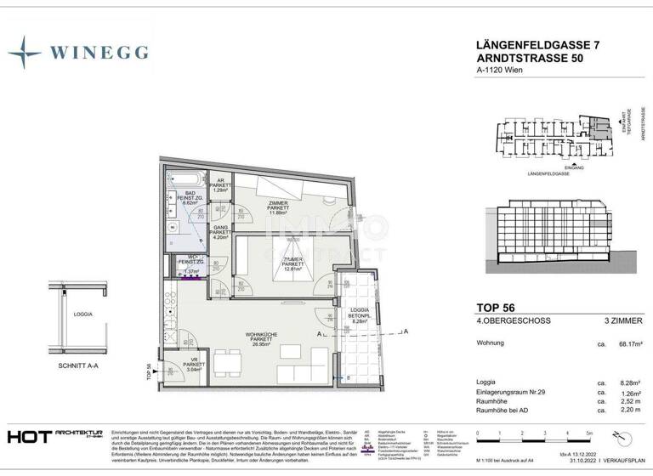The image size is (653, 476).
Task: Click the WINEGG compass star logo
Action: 25,53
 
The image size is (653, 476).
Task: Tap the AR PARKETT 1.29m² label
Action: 219,187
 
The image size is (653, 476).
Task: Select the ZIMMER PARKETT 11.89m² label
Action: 277,208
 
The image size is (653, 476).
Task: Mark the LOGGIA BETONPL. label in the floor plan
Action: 353,314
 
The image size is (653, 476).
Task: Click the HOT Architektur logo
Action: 56,436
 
